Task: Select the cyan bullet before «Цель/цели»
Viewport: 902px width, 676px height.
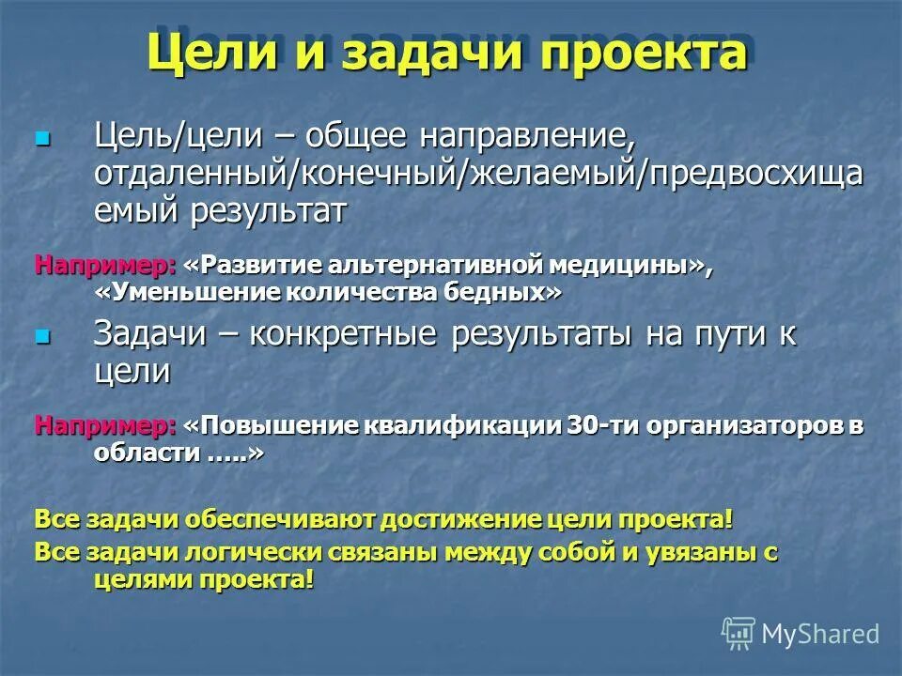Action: point(40,138)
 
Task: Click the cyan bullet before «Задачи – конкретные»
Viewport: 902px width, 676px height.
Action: point(40,335)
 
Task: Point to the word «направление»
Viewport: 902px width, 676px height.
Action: point(527,137)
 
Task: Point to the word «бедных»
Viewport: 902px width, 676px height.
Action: point(503,292)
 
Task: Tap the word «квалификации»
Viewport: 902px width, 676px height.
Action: point(464,425)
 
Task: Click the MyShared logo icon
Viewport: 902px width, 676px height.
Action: point(739,633)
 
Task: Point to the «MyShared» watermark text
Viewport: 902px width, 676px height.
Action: point(820,634)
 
